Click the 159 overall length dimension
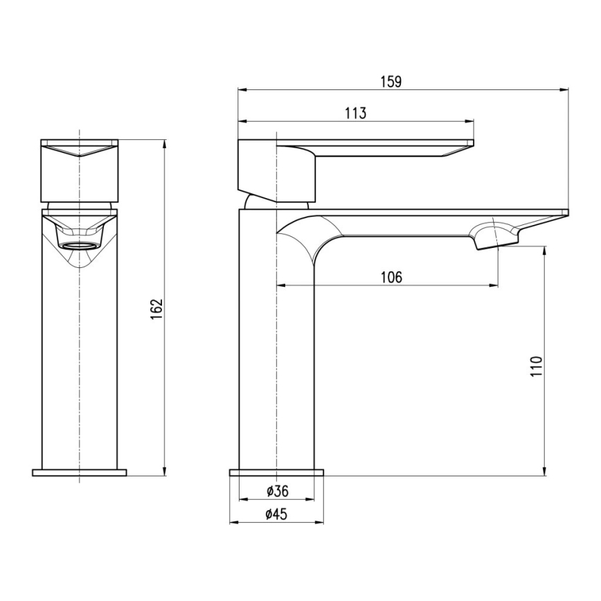[391, 82]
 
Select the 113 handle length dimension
[355, 114]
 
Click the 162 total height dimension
[156, 308]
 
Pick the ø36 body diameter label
[277, 492]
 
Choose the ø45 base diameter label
[277, 514]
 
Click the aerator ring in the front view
[80, 245]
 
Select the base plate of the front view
[80, 473]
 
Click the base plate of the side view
[277, 473]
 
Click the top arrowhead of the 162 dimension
[165, 144]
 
